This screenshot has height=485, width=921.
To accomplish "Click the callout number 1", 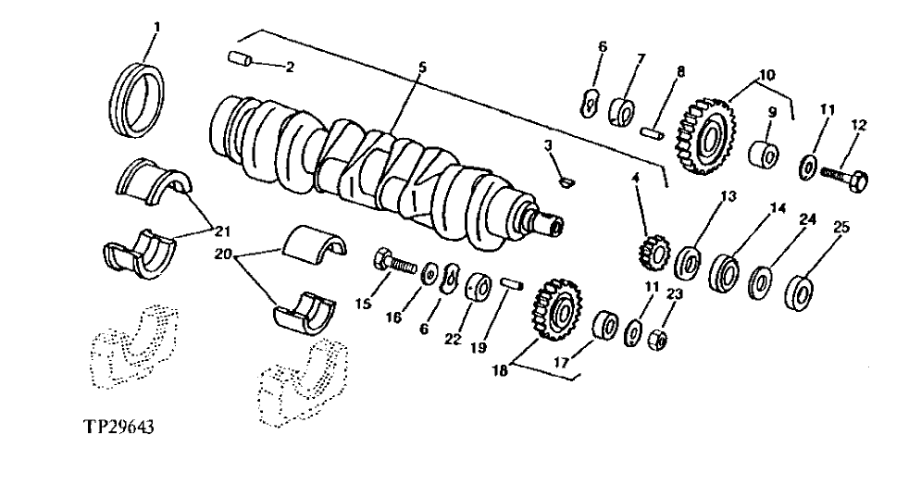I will (156, 27).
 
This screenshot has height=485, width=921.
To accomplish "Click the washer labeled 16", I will (430, 275).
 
